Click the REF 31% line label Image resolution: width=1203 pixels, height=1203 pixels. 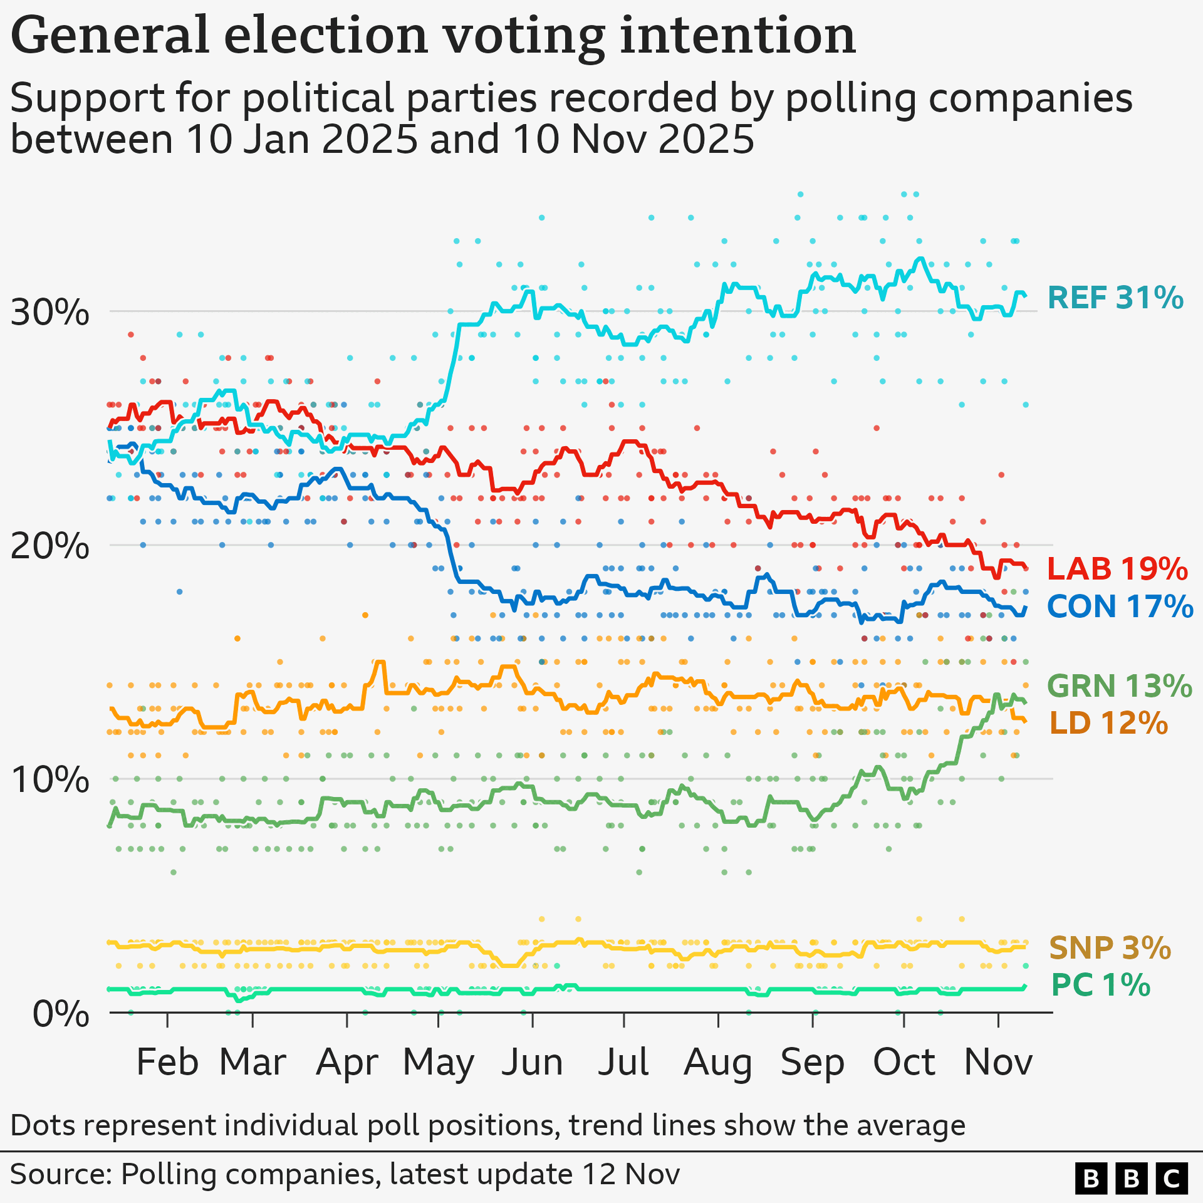click(1115, 298)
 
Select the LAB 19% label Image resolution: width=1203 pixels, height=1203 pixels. click(1117, 569)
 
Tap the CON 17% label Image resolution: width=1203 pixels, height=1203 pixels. click(1120, 607)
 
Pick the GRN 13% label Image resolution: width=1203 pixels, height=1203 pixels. click(1119, 686)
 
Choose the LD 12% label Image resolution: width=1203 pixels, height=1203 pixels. click(1108, 723)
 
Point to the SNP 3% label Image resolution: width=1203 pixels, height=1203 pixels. click(1109, 948)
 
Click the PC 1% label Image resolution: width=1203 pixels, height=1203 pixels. click(1100, 985)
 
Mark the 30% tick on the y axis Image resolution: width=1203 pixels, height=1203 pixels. click(50, 312)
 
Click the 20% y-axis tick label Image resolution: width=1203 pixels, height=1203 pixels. click(50, 546)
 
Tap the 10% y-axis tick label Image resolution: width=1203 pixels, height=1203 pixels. click(50, 780)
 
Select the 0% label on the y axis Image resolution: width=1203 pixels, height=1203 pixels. click(61, 1014)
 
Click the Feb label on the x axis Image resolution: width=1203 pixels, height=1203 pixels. click(167, 1063)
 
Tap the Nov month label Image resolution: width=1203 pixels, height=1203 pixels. click(998, 1063)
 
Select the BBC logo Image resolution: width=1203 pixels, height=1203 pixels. click(1132, 1178)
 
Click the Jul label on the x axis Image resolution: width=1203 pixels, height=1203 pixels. click(623, 1063)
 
